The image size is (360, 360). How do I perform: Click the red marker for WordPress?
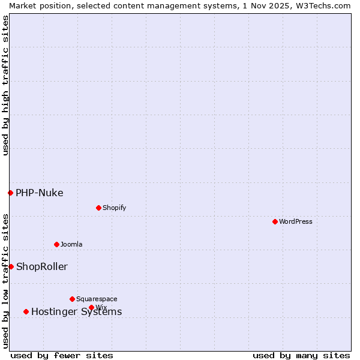[x=275, y=221]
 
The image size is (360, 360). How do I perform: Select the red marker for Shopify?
[x=98, y=208]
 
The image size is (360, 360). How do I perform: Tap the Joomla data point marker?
[x=56, y=244]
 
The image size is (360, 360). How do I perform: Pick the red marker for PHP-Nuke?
[x=10, y=193]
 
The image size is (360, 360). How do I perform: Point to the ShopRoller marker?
[x=11, y=266]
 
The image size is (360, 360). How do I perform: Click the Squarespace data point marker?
[x=72, y=299]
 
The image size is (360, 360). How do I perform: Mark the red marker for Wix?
[x=91, y=307]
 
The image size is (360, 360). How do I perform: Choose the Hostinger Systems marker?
[x=26, y=311]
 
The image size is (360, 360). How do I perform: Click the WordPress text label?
[x=296, y=221]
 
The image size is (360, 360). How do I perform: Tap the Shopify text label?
[x=114, y=208]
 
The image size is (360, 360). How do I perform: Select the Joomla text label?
[x=71, y=244]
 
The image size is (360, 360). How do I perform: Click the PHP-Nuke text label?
[x=40, y=193]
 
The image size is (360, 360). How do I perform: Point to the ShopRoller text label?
[x=42, y=266]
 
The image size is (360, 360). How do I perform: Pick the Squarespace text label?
[x=97, y=299]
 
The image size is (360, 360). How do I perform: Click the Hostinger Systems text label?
[x=76, y=311]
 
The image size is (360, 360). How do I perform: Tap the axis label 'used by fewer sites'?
[x=62, y=355]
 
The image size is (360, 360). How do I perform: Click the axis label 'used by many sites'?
[x=301, y=355]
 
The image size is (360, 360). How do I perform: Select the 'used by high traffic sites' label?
[x=5, y=85]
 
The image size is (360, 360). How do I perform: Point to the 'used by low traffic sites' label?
[x=5, y=280]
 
